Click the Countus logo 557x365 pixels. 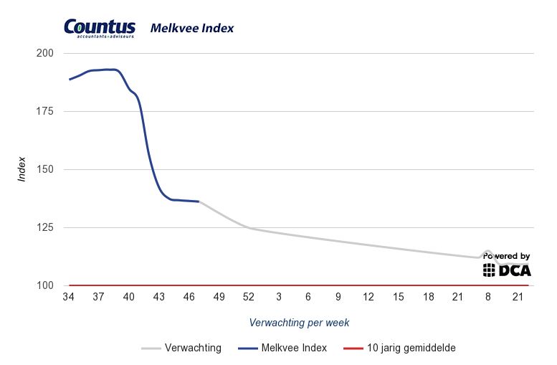click(99, 28)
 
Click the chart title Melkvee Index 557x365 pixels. click(191, 29)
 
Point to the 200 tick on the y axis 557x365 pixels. click(44, 53)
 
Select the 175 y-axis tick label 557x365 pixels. click(44, 111)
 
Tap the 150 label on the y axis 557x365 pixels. click(44, 169)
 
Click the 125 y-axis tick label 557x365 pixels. click(44, 227)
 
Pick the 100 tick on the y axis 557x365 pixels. click(44, 285)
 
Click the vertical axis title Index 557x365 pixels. click(22, 169)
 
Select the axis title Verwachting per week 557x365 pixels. click(299, 323)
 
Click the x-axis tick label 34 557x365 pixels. click(68, 297)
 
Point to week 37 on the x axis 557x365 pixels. click(98, 297)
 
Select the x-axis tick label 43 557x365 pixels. click(158, 297)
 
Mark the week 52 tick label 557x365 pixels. click(248, 297)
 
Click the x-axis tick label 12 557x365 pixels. click(368, 297)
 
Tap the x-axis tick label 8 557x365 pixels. click(487, 297)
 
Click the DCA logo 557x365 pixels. click(507, 270)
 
